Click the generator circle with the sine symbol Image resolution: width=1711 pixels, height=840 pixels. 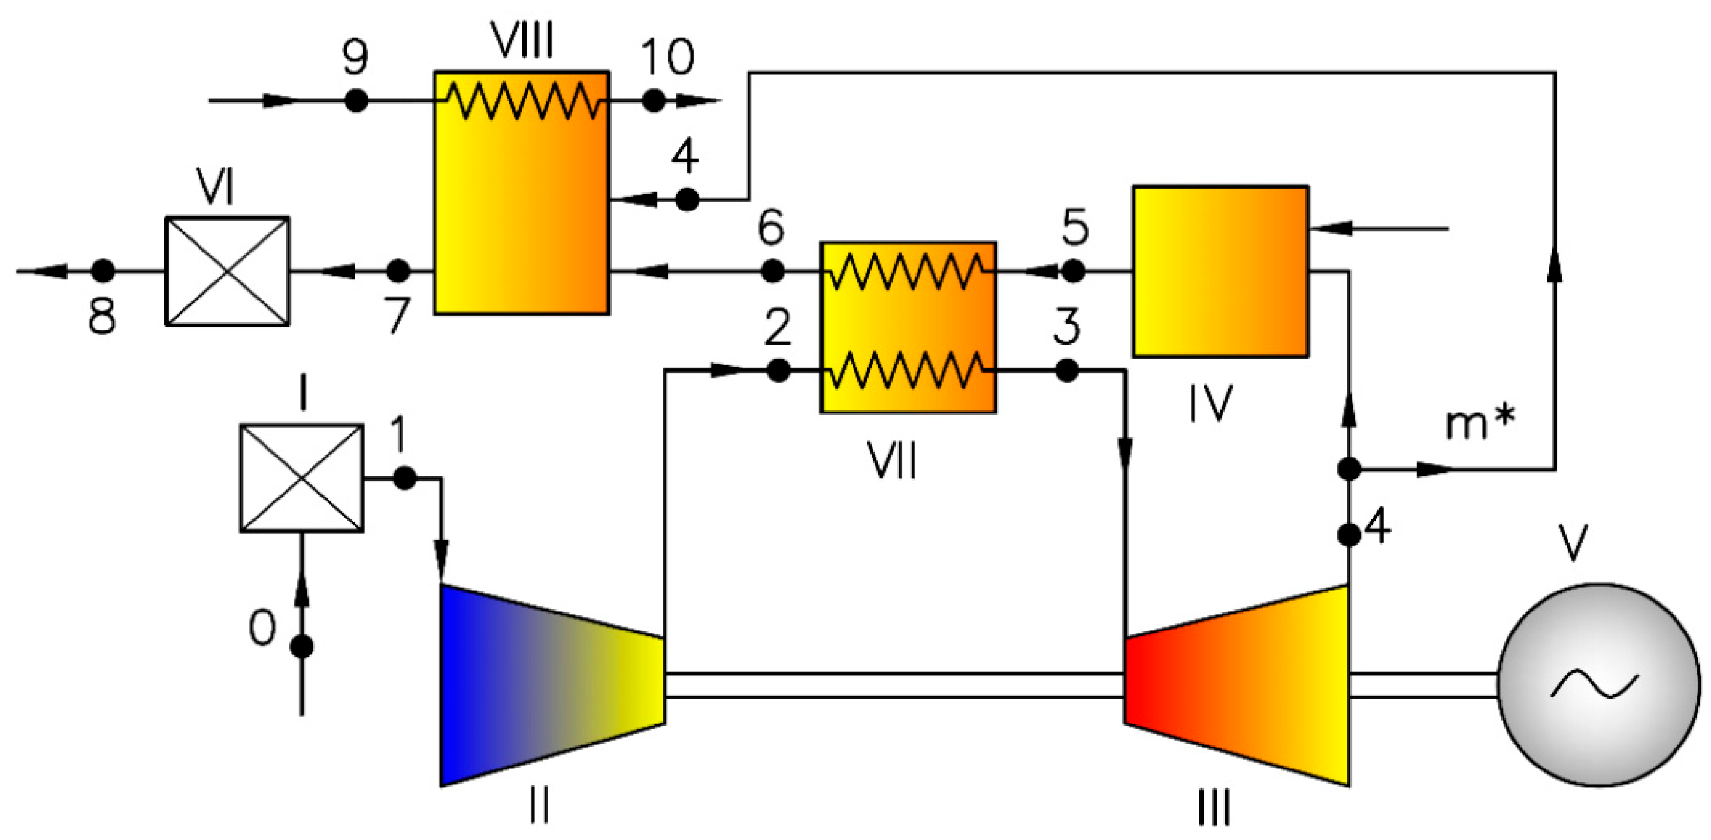1599,685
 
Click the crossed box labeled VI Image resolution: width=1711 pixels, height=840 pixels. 227,271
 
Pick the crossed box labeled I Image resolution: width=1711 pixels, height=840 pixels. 301,478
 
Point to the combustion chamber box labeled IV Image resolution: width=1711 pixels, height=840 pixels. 1221,271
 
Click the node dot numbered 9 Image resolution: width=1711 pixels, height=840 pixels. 356,101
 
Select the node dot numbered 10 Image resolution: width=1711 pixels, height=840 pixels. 654,101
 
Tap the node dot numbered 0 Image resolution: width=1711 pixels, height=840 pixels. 302,646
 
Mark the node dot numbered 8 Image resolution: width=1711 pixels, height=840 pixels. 103,271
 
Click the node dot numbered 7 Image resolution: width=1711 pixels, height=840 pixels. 398,271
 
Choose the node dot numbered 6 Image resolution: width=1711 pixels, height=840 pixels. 772,271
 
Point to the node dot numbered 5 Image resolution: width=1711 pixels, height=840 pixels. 1074,271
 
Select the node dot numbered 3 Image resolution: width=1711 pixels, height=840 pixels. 1068,370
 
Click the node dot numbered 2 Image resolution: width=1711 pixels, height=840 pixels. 778,370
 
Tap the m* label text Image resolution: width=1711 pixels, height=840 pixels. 1480,422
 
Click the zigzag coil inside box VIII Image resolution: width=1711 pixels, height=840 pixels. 521,101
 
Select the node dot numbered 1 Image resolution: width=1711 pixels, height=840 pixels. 404,478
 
